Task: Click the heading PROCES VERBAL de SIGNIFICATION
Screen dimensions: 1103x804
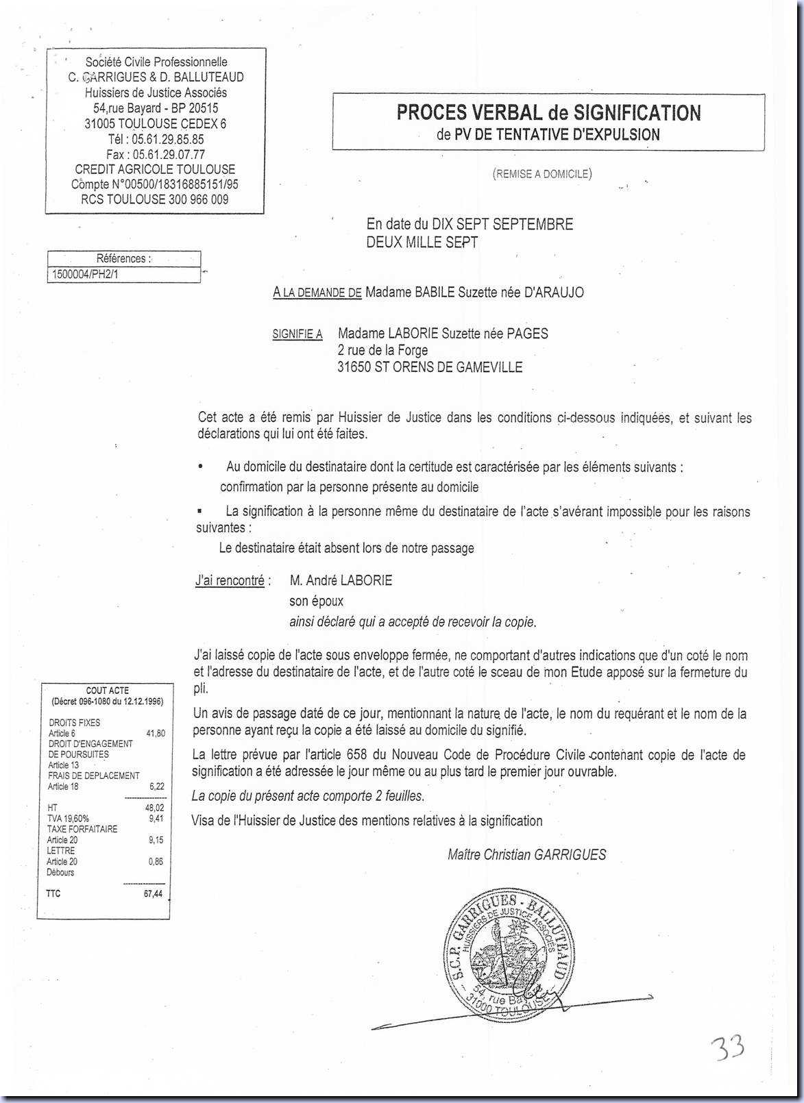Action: (x=548, y=112)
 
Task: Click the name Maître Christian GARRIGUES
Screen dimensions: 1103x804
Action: (x=526, y=854)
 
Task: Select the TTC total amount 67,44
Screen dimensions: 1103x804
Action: (x=153, y=894)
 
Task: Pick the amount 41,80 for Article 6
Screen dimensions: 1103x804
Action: (x=156, y=733)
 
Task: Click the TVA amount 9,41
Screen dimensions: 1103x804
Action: (x=156, y=818)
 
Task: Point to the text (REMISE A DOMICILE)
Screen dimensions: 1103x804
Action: (x=541, y=174)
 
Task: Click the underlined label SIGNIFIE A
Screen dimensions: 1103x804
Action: (x=297, y=334)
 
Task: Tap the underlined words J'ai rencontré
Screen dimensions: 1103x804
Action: (x=230, y=581)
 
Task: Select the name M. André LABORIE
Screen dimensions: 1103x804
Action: (x=341, y=581)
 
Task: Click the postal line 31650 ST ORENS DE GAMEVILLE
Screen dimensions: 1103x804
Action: (x=430, y=367)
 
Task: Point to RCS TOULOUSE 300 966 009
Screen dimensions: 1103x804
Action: (x=155, y=200)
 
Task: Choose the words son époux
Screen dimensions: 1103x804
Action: (x=317, y=602)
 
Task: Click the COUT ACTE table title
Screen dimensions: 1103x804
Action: (x=107, y=691)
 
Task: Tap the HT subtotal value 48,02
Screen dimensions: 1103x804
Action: (x=156, y=808)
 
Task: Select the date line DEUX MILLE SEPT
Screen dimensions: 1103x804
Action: (x=422, y=242)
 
